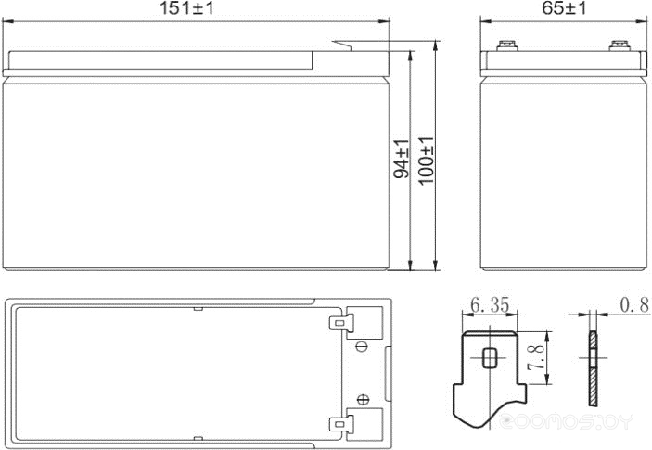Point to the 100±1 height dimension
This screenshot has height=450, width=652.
426,160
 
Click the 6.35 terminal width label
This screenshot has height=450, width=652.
491,305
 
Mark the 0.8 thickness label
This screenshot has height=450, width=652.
633,305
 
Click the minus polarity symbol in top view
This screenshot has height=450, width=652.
362,347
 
